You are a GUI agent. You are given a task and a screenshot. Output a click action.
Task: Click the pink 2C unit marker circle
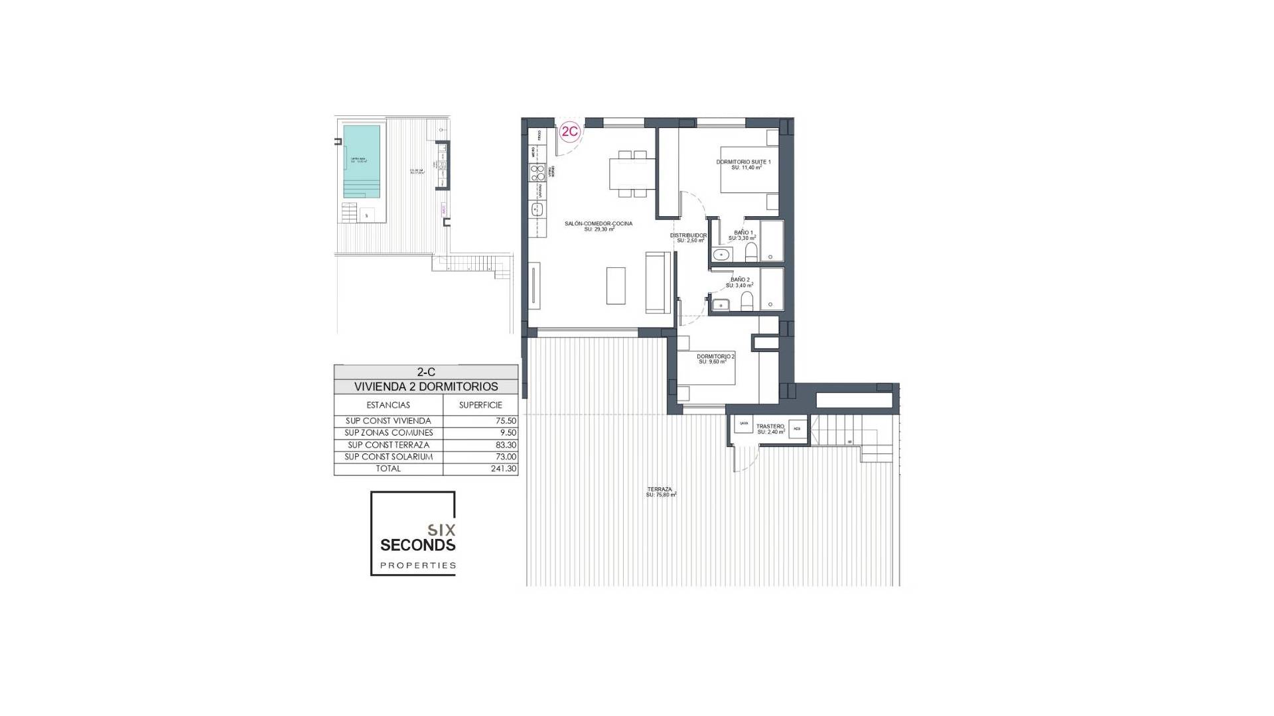click(x=570, y=131)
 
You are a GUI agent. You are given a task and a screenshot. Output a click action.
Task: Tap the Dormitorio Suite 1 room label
click(x=743, y=164)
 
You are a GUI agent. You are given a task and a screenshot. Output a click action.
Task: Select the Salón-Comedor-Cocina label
click(x=599, y=226)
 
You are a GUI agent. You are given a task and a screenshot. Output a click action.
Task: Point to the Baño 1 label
click(x=739, y=235)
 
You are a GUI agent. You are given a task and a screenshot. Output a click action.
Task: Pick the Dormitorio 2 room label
click(x=715, y=359)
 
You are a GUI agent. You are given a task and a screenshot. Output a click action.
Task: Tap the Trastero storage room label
click(x=771, y=429)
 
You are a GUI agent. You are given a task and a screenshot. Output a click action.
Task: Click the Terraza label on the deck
click(x=661, y=492)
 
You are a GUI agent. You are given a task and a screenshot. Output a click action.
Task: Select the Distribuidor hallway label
click(x=688, y=237)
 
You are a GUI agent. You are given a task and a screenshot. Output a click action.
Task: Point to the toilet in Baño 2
click(x=747, y=302)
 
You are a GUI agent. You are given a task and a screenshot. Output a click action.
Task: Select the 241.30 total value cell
click(x=480, y=469)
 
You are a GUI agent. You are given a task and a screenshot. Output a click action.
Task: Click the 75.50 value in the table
click(x=480, y=421)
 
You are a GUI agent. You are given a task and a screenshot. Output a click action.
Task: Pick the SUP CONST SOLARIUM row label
click(x=388, y=457)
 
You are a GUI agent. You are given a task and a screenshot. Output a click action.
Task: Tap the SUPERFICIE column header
click(x=480, y=405)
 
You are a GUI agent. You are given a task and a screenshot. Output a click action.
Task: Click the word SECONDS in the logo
click(x=417, y=545)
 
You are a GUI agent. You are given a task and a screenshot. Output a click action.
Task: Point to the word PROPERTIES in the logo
click(x=417, y=566)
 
